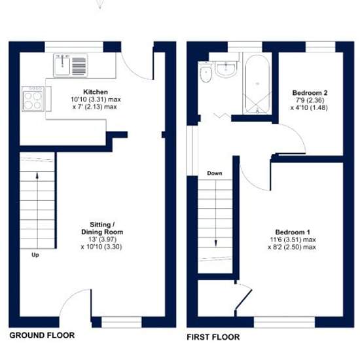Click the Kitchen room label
click(96, 92)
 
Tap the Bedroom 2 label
click(310, 93)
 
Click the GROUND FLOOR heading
click(42, 335)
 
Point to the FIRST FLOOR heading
click(213, 337)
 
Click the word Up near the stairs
click(35, 255)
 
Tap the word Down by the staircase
click(215, 173)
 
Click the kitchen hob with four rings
click(33, 99)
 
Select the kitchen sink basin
click(62, 65)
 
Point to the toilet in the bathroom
click(206, 71)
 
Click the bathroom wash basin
click(226, 69)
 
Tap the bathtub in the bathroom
click(257, 84)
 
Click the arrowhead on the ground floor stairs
click(37, 176)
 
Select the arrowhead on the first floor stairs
click(215, 243)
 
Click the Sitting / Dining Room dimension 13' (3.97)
click(103, 239)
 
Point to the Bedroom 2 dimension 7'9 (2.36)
click(310, 100)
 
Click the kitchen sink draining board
click(79, 66)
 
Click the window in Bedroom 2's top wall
click(321, 47)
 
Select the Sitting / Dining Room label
click(102, 228)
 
